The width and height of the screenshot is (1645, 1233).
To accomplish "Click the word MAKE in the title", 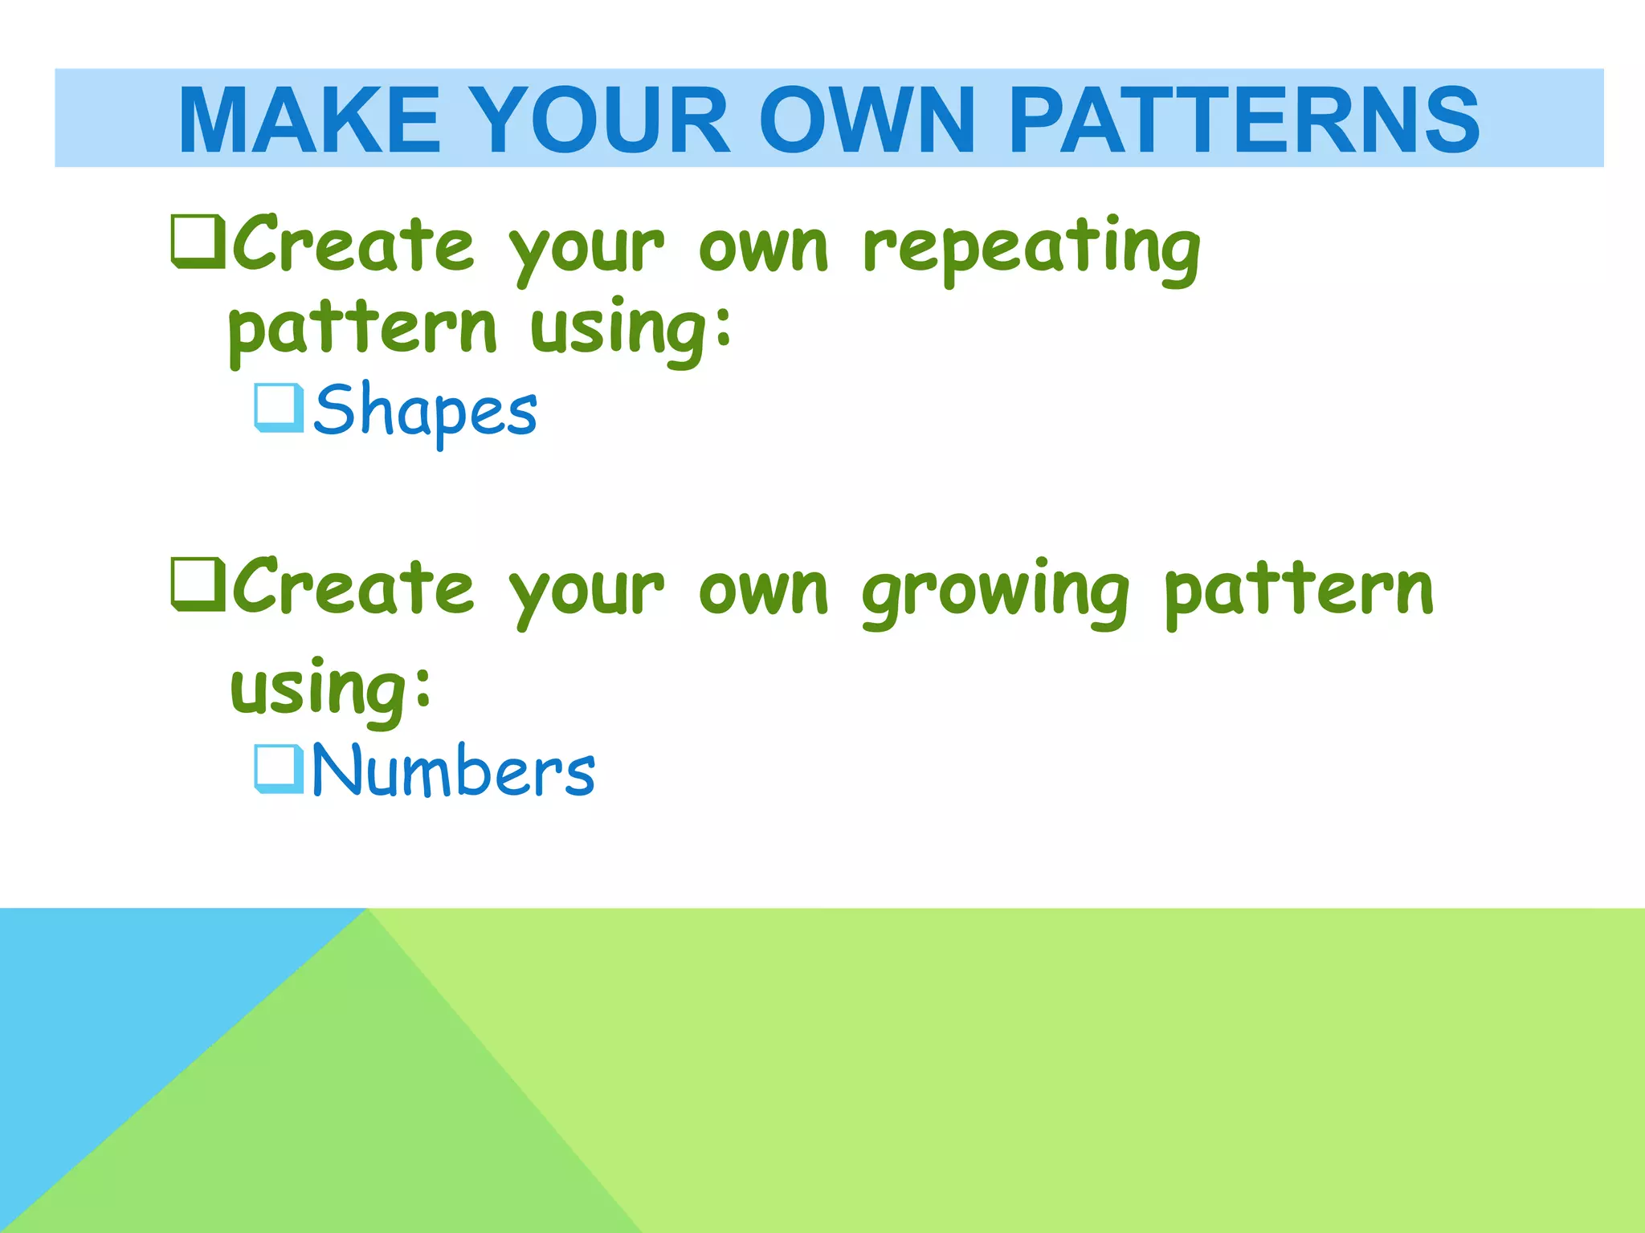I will [x=309, y=120].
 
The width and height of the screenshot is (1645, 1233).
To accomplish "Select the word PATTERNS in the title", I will [x=1243, y=120].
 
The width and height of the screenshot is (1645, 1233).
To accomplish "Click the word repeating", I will [x=1031, y=247].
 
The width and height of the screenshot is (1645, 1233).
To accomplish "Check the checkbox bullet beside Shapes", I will [x=279, y=408].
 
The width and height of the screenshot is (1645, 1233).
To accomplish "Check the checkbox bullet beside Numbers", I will [x=279, y=768].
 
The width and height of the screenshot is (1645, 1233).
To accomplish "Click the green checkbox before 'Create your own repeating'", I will [x=198, y=242].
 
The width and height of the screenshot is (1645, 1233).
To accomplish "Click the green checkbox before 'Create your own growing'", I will [x=198, y=584].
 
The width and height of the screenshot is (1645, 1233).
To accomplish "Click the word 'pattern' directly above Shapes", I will [x=363, y=329].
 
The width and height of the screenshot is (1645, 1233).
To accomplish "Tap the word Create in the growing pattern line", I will [x=353, y=587].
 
